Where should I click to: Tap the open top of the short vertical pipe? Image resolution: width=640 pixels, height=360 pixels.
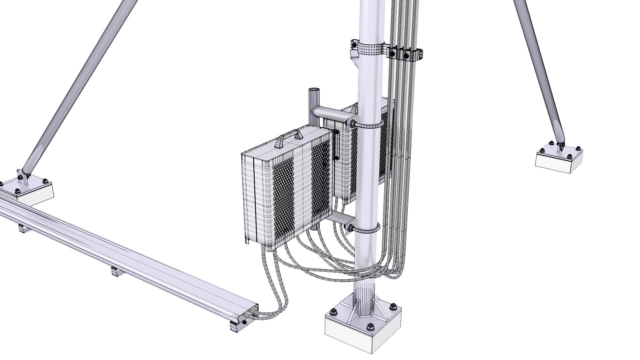click(314, 90)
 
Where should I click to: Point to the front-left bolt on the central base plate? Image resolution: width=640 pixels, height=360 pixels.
click(332, 313)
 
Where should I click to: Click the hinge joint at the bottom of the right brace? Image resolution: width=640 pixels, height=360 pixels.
click(561, 146)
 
